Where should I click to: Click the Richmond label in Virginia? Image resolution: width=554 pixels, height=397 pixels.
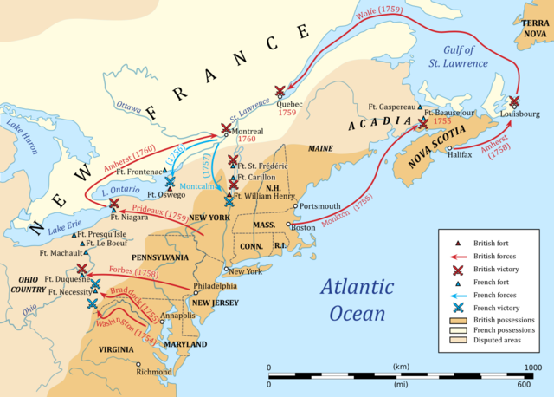click(154, 371)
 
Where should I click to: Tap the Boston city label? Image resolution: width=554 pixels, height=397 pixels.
click(302, 227)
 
